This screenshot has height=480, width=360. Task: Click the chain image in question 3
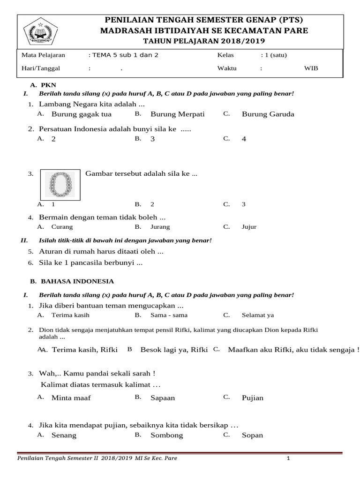pos(60,184)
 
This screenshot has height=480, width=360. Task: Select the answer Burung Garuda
pos(268,114)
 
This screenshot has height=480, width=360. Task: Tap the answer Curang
pos(62,227)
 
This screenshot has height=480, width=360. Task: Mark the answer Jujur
pos(249,227)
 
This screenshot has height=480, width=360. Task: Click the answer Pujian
pos(253,398)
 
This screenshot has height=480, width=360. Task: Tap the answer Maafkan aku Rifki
pos(293,350)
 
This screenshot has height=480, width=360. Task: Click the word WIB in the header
pos(311,68)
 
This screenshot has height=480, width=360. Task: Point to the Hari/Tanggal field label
pos(41,68)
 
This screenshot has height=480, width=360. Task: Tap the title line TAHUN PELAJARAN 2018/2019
pos(202,40)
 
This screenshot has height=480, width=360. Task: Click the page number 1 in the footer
pos(289,458)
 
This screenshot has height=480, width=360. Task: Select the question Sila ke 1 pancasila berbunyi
pos(90,263)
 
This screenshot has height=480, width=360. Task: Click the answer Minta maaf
pos(71,398)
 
